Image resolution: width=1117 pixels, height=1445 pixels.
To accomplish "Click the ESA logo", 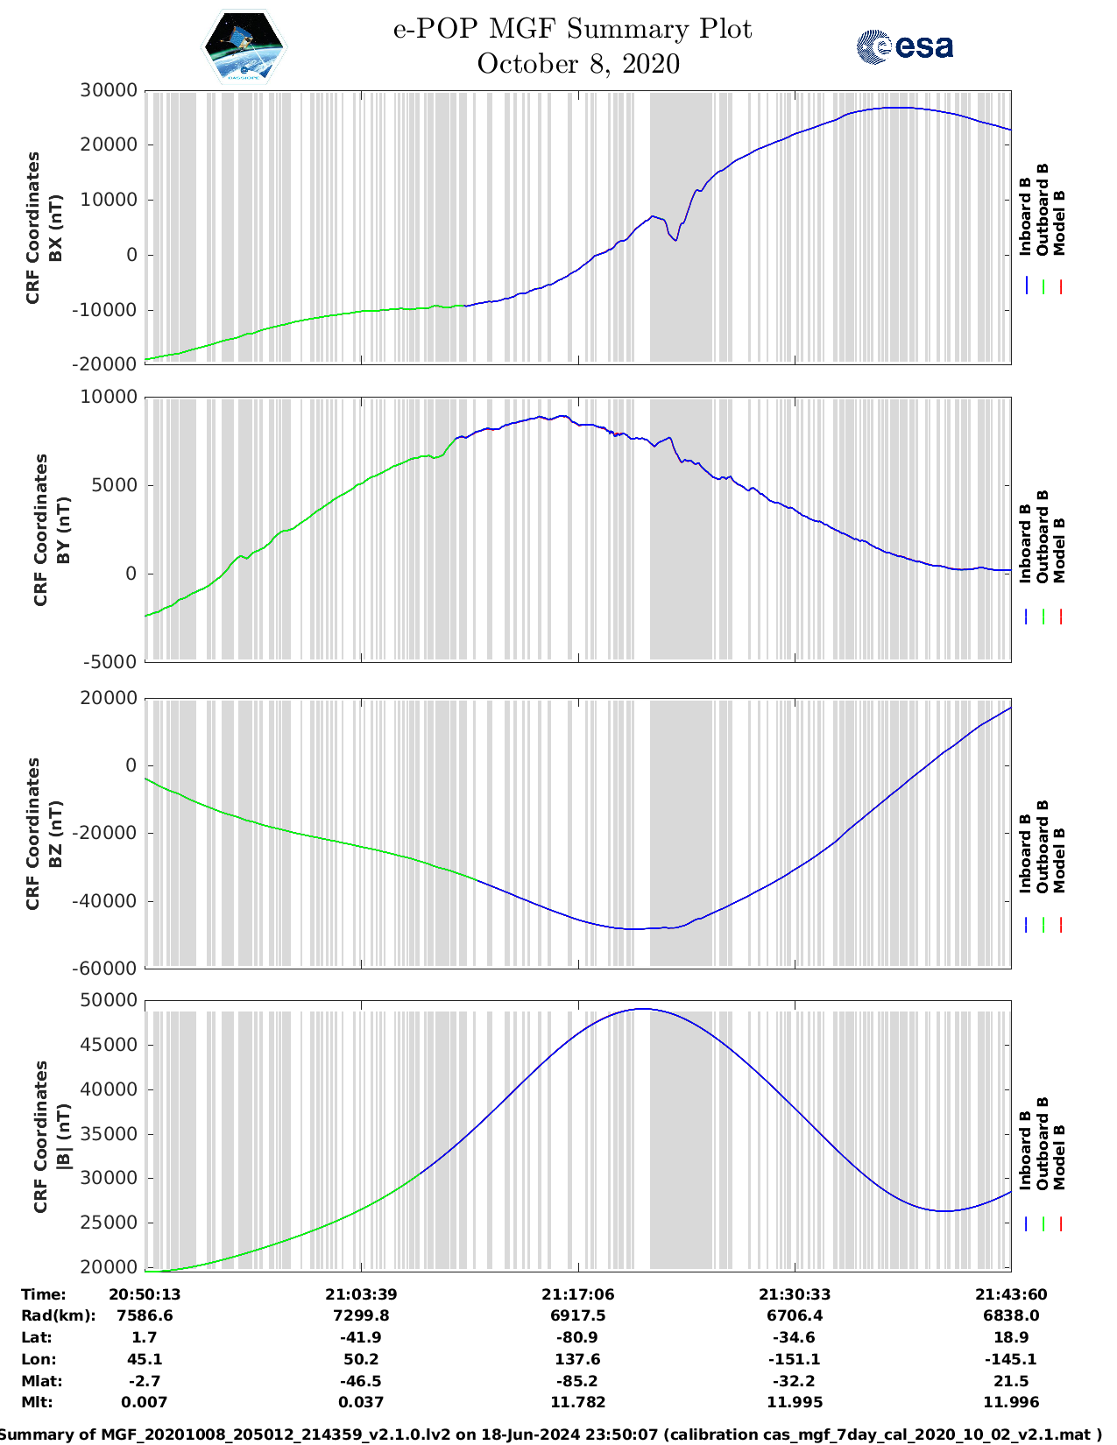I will click(904, 46).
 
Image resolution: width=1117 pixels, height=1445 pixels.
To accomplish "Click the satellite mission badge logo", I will click(244, 46).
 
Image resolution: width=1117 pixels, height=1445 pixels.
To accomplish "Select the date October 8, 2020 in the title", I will click(578, 64).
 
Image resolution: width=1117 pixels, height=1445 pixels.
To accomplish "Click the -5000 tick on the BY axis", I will click(110, 662).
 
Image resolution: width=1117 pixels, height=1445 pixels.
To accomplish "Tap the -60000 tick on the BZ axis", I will click(108, 969).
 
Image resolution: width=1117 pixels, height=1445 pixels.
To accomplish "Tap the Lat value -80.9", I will click(577, 1337).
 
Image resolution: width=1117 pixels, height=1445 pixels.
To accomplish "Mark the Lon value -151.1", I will click(795, 1359).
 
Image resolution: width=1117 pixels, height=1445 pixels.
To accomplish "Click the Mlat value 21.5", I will click(1011, 1381).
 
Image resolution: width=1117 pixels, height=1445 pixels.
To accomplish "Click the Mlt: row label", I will click(37, 1402).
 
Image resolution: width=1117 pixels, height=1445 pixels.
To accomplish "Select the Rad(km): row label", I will click(58, 1315).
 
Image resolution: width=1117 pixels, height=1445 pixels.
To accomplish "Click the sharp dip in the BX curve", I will click(675, 240).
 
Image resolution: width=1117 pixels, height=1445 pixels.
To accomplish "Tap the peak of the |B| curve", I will click(643, 1009).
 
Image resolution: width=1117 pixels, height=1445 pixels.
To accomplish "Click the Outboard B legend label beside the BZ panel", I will click(1043, 846).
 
